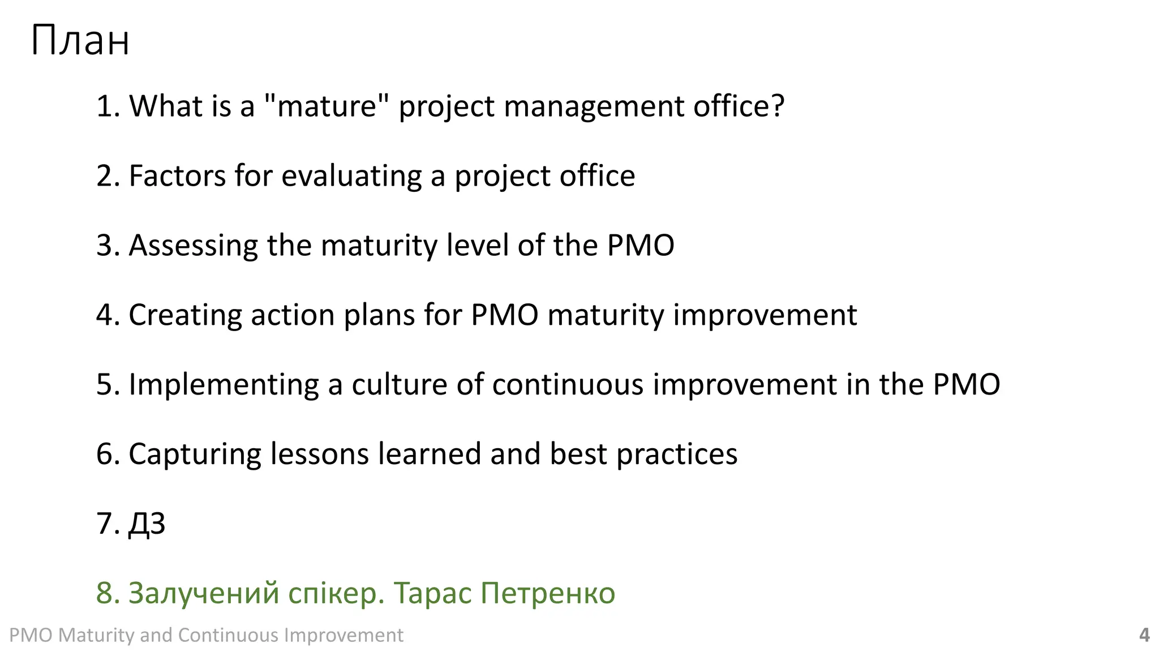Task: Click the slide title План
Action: tap(80, 41)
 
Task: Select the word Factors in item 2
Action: tap(178, 175)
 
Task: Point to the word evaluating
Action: tap(351, 176)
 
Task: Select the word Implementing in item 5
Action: tap(224, 385)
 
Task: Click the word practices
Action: tap(676, 454)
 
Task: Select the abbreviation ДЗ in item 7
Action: tap(147, 524)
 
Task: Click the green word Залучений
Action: tap(204, 593)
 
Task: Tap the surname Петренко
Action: tap(548, 593)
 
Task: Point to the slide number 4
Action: tap(1144, 635)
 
